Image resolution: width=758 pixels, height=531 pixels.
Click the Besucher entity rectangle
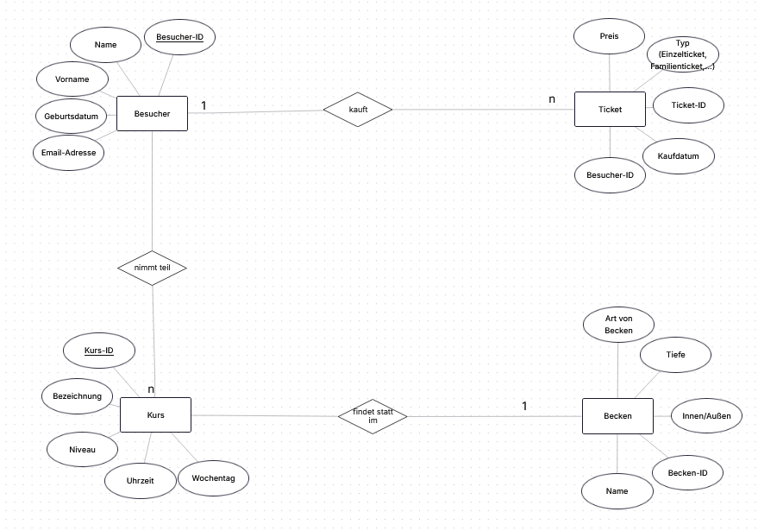pyautogui.click(x=153, y=114)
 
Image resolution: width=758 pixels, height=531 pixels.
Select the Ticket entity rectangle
pyautogui.click(x=610, y=110)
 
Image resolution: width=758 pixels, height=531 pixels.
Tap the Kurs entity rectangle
pyautogui.click(x=156, y=414)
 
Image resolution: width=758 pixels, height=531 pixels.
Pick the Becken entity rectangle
pyautogui.click(x=617, y=416)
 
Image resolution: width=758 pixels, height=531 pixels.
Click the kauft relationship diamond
pyautogui.click(x=358, y=110)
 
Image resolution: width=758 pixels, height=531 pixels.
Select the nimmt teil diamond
pyautogui.click(x=153, y=268)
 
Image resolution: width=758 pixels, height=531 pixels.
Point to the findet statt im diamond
pyautogui.click(x=373, y=416)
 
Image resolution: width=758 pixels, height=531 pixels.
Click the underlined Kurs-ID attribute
pyautogui.click(x=99, y=351)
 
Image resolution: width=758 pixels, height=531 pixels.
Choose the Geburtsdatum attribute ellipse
pyautogui.click(x=72, y=117)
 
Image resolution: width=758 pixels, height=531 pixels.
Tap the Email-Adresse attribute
pyautogui.click(x=69, y=153)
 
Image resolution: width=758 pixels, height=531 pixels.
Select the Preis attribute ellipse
pyautogui.click(x=609, y=36)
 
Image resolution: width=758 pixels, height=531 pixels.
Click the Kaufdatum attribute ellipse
pyautogui.click(x=679, y=156)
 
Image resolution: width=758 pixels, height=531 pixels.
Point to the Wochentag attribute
pyautogui.click(x=214, y=478)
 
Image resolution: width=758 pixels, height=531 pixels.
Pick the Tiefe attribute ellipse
pyautogui.click(x=676, y=355)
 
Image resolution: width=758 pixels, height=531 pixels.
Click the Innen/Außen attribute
pyautogui.click(x=707, y=416)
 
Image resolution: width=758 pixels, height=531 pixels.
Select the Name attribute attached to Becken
pyautogui.click(x=617, y=491)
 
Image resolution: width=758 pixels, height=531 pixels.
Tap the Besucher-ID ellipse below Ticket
pyautogui.click(x=610, y=175)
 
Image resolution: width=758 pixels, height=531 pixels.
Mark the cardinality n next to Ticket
pyautogui.click(x=552, y=99)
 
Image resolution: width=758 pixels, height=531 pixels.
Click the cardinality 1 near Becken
pyautogui.click(x=524, y=406)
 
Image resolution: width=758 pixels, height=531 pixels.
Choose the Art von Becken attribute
pyautogui.click(x=619, y=325)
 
